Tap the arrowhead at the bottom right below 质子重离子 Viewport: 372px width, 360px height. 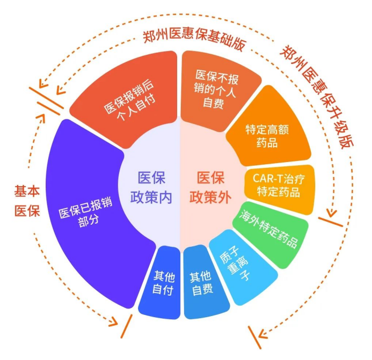click(262, 335)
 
